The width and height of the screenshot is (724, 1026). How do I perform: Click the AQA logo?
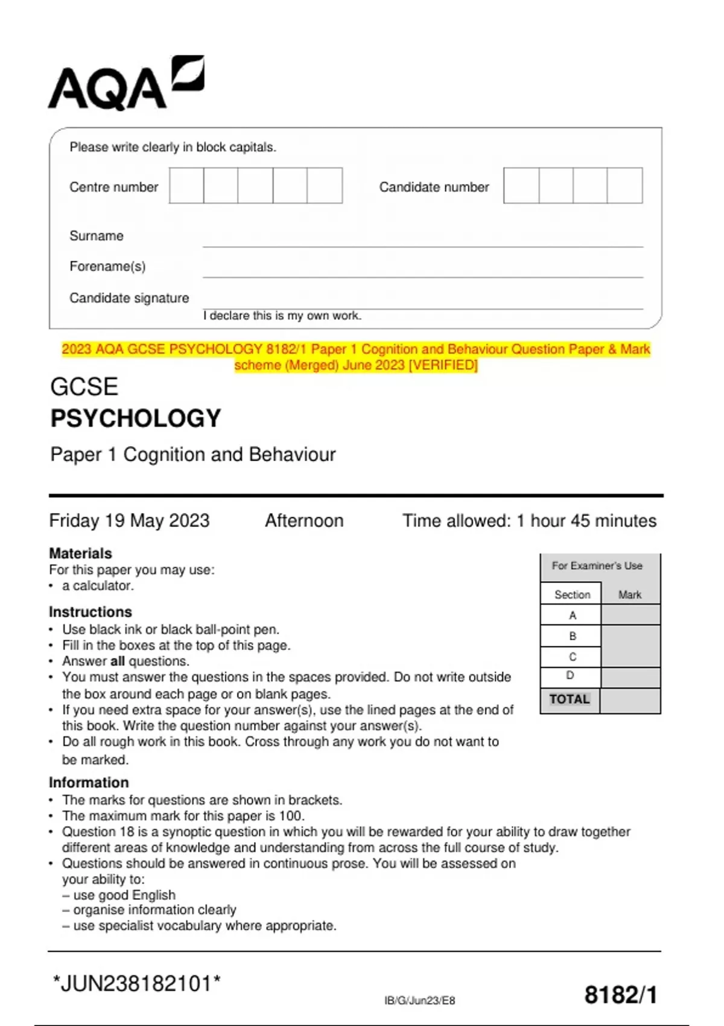(125, 84)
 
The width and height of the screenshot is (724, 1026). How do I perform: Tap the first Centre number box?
(186, 186)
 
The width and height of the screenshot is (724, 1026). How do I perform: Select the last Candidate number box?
(624, 186)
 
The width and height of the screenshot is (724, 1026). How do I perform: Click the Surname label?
(97, 236)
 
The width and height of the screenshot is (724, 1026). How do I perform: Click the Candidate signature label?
(129, 298)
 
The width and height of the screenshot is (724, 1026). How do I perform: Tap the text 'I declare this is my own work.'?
(282, 316)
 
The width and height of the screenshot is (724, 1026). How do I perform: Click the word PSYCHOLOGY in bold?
(136, 418)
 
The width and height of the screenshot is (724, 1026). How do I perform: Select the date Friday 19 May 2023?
(129, 520)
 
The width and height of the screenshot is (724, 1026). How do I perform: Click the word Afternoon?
(304, 520)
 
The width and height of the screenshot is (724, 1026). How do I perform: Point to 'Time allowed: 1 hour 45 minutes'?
(529, 520)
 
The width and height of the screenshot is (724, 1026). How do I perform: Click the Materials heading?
(80, 553)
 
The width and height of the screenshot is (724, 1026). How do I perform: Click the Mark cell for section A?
(630, 615)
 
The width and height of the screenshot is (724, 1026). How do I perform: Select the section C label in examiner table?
(572, 657)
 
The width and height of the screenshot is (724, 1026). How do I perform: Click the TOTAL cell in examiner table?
(570, 699)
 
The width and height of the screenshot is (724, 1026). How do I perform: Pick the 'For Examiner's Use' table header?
(597, 566)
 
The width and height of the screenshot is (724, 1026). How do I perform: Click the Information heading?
(89, 782)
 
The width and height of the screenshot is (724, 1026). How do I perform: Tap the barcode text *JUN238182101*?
(136, 983)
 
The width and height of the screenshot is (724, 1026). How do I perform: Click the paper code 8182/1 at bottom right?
(621, 995)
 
